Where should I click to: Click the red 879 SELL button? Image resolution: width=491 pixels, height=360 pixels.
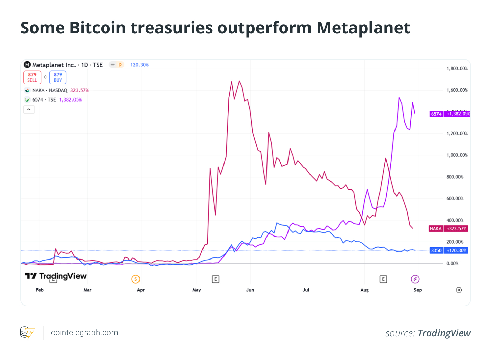[x=32, y=77]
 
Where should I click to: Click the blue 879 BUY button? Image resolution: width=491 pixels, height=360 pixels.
[x=58, y=77]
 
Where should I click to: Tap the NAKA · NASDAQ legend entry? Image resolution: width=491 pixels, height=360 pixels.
[x=49, y=90]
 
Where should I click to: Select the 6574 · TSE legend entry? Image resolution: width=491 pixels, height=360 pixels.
[x=44, y=100]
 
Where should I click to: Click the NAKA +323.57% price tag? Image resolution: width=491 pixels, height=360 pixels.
[x=448, y=229]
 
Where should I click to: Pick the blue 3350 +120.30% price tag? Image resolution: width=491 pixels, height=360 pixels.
[x=449, y=251]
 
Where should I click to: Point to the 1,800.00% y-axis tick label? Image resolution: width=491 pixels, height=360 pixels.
[x=457, y=69]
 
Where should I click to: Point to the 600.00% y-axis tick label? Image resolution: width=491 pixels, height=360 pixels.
[x=454, y=199]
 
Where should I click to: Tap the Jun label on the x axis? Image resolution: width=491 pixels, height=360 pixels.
[x=250, y=290]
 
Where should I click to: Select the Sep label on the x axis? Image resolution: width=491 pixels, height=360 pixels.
[x=418, y=290]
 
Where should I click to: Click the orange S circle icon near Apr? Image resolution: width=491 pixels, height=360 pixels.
[x=135, y=279]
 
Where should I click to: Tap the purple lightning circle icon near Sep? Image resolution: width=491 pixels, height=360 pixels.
[x=415, y=279]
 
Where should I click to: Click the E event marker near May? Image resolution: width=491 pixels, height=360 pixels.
[x=215, y=279]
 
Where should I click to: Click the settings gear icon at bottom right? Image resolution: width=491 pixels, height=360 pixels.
[x=459, y=290]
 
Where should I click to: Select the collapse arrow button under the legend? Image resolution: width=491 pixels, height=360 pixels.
[x=29, y=109]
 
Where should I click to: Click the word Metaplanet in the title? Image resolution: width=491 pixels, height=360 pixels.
[x=363, y=28]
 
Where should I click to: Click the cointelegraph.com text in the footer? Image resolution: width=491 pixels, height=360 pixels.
[x=84, y=333]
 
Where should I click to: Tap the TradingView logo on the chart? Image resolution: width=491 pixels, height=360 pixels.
[x=56, y=276]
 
